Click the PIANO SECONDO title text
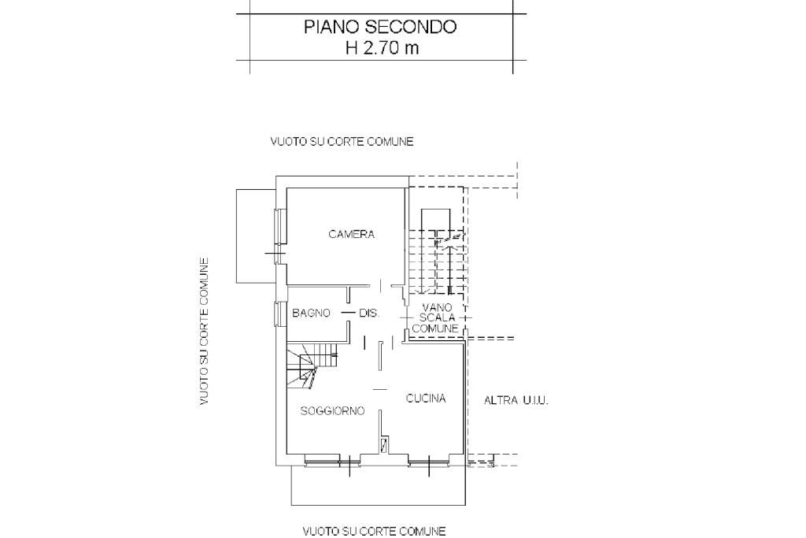point(380,27)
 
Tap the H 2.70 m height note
point(382,48)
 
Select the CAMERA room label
point(352,234)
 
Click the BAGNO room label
point(311,313)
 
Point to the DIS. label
point(369,313)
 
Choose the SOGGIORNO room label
point(333,410)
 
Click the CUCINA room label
point(426,398)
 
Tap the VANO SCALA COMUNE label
point(435,317)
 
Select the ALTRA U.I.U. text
point(516,401)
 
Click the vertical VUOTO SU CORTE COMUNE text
point(204,332)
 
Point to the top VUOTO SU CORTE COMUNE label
point(342,142)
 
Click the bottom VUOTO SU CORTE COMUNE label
point(374,531)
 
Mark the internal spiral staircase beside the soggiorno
point(312,365)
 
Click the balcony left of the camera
point(256,236)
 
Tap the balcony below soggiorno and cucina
point(379,485)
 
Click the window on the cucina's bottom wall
point(429,464)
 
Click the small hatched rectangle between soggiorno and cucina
point(384,445)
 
